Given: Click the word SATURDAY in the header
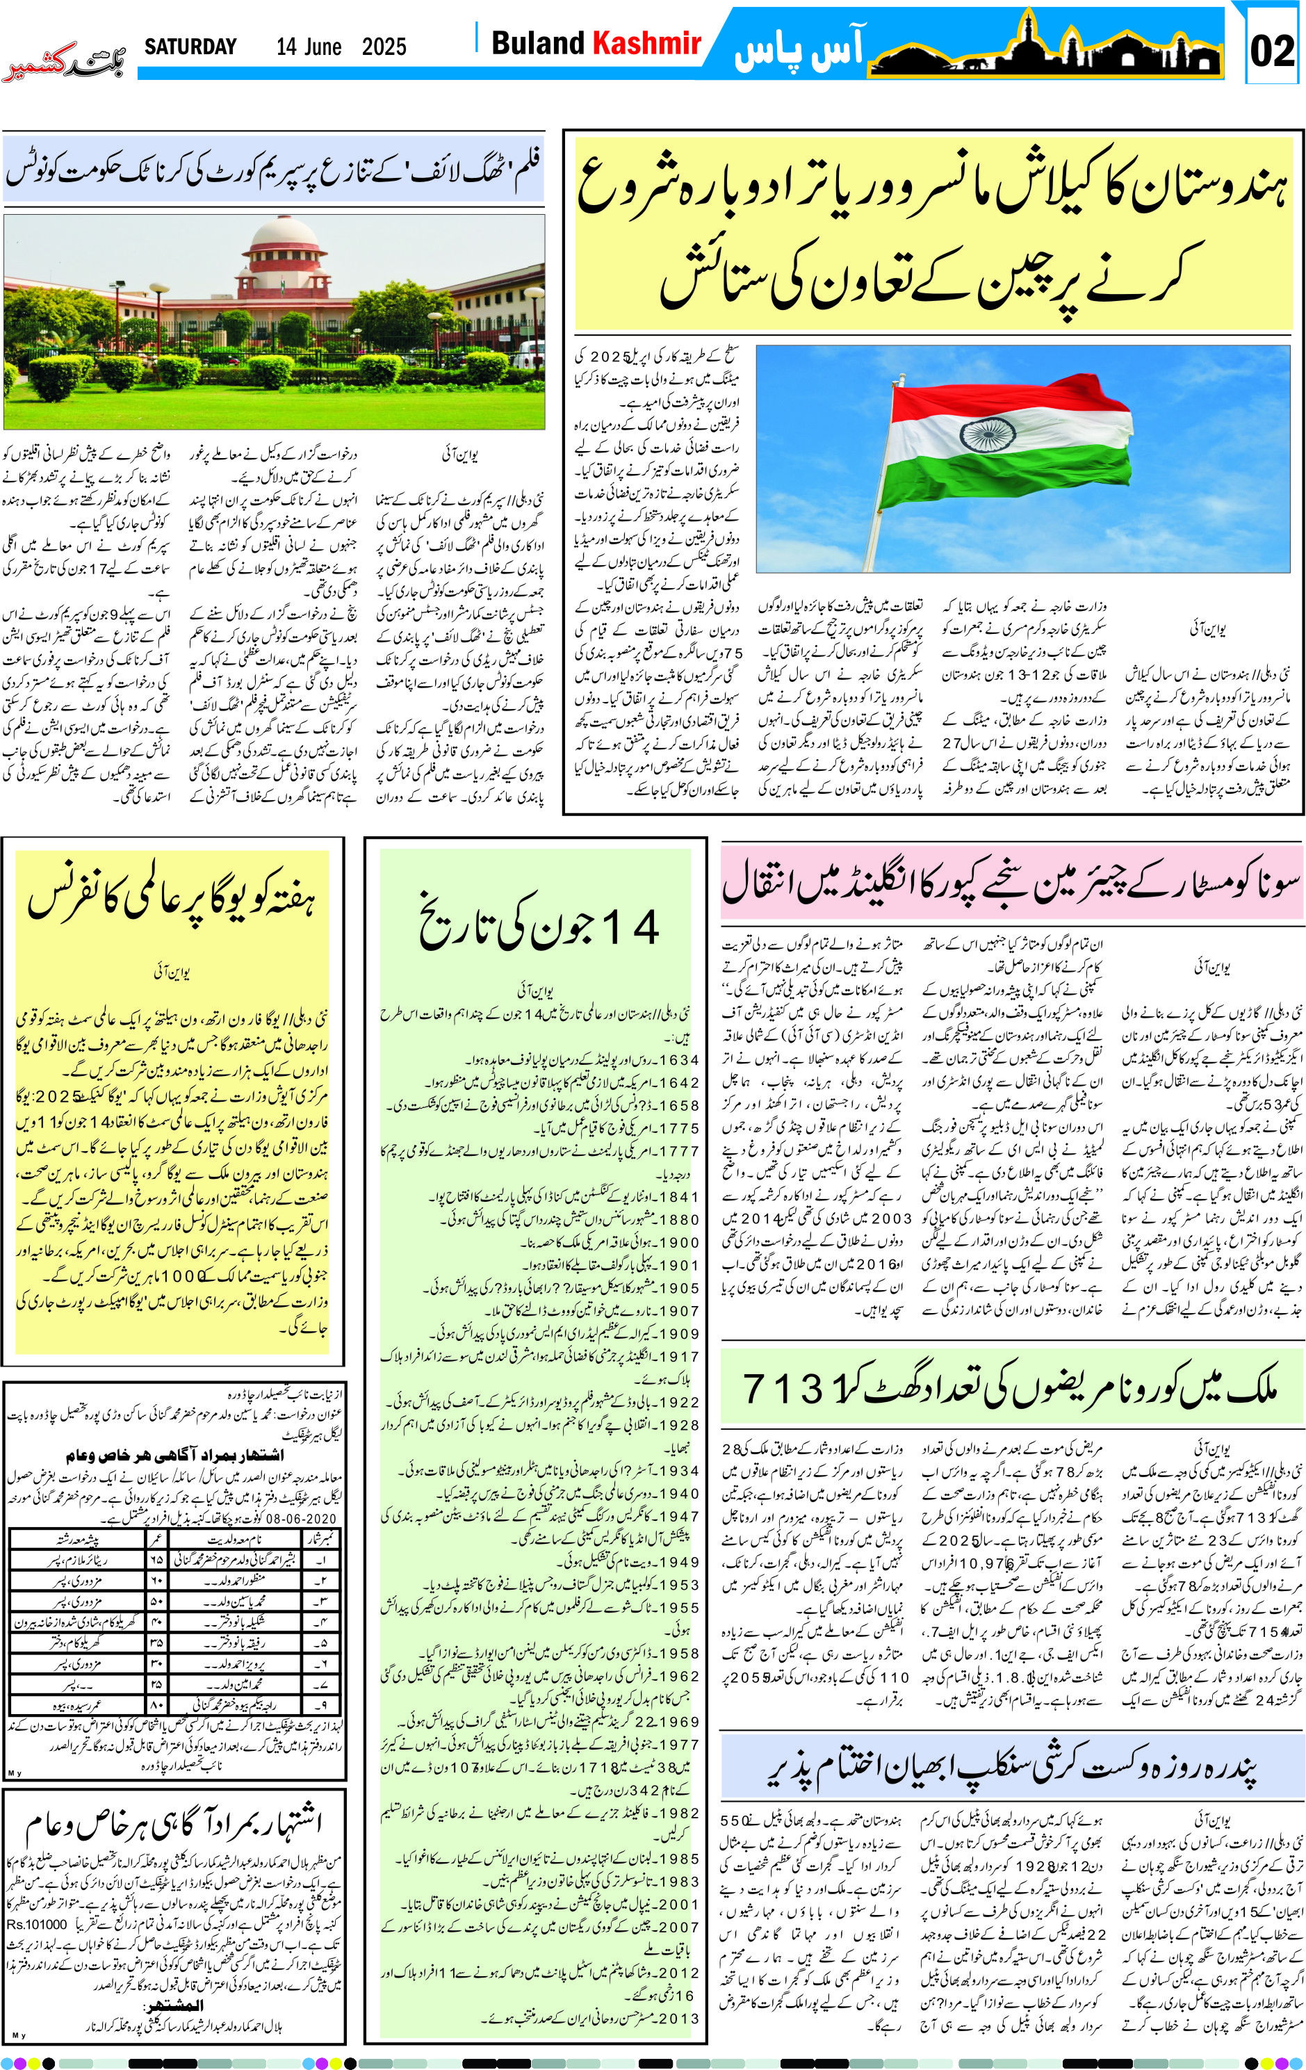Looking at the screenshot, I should tap(190, 47).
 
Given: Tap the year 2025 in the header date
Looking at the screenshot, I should tap(384, 47).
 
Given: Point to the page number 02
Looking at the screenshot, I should tap(1272, 51).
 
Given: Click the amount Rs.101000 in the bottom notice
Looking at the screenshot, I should tap(37, 1925).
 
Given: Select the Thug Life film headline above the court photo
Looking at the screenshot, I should tap(273, 168).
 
